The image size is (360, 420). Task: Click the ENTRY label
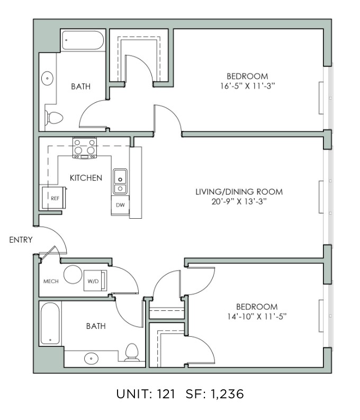point(21,240)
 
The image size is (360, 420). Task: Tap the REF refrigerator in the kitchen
point(54,198)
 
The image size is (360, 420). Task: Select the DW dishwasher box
point(120,205)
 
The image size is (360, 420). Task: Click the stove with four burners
point(85,148)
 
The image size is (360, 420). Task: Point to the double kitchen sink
point(120,181)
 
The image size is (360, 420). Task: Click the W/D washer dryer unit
point(95,281)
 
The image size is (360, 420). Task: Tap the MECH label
point(51,281)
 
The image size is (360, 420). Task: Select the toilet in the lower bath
point(132,352)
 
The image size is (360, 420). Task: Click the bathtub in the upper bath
point(83,40)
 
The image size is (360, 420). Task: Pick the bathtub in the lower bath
point(50,323)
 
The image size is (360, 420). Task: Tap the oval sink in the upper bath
point(47,78)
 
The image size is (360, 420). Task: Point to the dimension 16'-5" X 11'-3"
point(248,86)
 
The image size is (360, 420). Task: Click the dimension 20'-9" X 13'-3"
point(239,201)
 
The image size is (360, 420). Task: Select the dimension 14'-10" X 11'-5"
point(257,317)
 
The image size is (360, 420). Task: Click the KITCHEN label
point(86,178)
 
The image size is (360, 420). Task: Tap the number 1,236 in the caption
point(227,394)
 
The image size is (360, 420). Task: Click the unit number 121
point(166,394)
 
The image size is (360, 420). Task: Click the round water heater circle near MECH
point(73,274)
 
